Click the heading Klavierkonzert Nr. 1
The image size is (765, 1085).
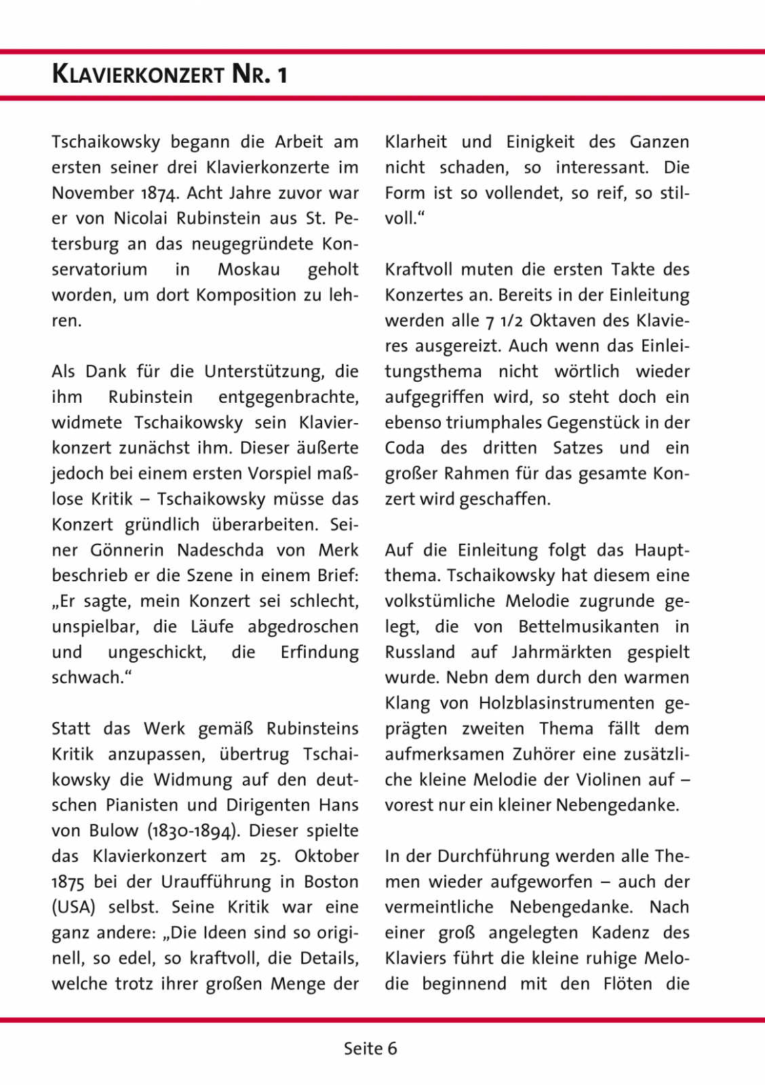[x=170, y=74]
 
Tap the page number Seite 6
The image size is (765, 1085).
[x=370, y=1048]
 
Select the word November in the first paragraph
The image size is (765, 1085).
[x=91, y=193]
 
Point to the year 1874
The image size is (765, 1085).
[x=159, y=193]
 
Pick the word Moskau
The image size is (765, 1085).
[x=249, y=269]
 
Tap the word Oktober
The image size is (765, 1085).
[x=326, y=856]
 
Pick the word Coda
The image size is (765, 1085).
[x=405, y=448]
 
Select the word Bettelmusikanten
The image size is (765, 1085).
[x=589, y=627]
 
